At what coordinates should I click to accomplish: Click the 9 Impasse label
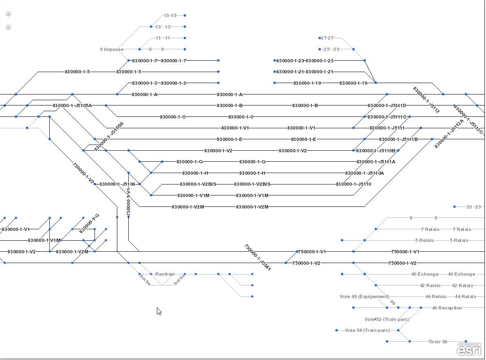111,49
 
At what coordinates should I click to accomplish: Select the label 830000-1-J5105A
72,105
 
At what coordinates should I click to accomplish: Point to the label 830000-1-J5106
117,184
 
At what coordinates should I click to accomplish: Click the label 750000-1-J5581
257,257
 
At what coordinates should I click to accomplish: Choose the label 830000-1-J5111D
387,105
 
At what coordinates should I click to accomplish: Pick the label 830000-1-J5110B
376,151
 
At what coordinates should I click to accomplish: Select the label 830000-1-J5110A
364,173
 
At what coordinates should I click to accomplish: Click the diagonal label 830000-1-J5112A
449,134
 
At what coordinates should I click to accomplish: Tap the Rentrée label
164,274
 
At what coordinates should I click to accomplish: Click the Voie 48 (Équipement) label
364,296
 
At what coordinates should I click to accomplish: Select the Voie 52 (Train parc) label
387,319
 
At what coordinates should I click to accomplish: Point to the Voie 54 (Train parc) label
367,330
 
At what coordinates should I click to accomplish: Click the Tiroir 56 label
438,342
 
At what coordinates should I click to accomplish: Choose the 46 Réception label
447,308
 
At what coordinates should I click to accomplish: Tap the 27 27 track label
327,38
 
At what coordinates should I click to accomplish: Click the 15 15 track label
170,15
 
